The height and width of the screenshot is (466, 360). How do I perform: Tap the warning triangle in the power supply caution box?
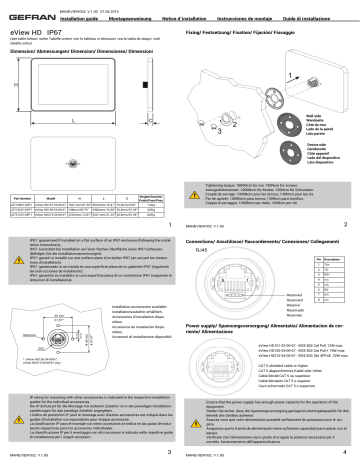195,436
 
